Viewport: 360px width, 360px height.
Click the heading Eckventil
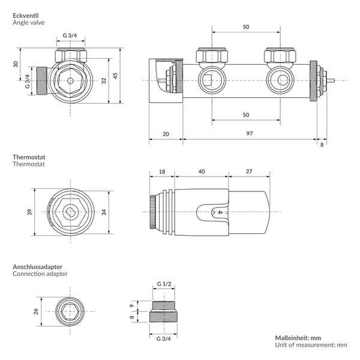pos(26,16)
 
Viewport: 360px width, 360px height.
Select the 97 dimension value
pos(250,133)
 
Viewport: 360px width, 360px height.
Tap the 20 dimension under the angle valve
pos(166,134)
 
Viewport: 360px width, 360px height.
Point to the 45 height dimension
pos(115,76)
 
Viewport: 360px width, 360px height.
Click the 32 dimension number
pos(104,80)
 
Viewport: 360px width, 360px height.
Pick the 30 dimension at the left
pos(16,64)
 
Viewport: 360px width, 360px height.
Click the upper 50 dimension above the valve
pos(246,27)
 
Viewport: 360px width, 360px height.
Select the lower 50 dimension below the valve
pos(246,115)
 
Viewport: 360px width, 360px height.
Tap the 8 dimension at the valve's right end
pos(322,145)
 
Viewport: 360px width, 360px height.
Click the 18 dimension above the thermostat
pos(162,172)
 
